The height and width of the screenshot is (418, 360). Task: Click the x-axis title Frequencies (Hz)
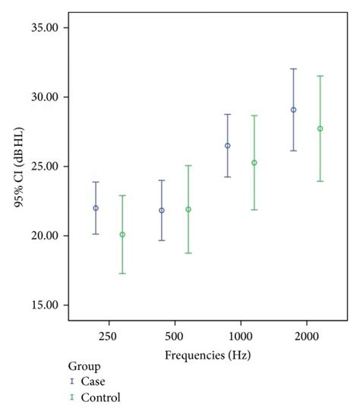pos(207,355)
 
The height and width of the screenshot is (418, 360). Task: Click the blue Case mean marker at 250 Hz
pos(96,208)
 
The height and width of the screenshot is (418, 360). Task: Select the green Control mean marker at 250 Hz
pos(122,235)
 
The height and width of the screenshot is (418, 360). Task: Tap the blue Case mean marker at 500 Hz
pos(162,211)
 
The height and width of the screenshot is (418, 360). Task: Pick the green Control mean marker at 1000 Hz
pos(254,163)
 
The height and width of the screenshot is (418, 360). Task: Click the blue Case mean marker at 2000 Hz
pos(293,109)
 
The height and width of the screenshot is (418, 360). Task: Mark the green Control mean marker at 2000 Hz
pos(320,128)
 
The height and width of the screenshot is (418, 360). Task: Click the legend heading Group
pos(83,365)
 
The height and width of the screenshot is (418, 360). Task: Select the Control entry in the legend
pos(99,397)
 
